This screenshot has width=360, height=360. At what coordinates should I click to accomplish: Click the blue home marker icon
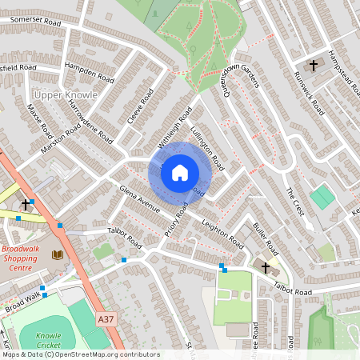(x=180, y=172)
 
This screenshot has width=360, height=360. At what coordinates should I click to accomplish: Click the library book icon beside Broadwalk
(x=57, y=254)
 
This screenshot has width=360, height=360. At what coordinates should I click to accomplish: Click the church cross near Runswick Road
(x=313, y=64)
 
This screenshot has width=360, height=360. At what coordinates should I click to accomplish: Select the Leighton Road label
(x=222, y=233)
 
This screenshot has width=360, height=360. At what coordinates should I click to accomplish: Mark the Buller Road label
(x=264, y=235)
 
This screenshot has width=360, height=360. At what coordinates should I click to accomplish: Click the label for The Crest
(x=295, y=202)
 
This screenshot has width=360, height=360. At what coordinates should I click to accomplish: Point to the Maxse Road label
(x=38, y=118)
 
